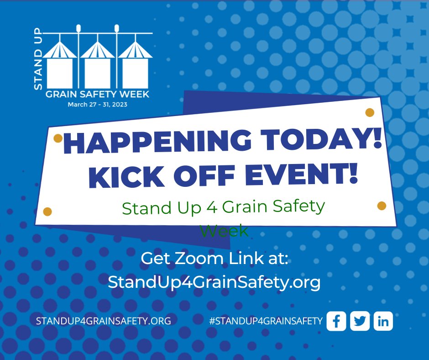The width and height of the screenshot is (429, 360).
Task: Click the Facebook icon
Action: point(336,321)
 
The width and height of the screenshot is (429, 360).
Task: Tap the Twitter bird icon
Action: point(360,321)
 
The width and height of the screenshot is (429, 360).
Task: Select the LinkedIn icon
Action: point(383,321)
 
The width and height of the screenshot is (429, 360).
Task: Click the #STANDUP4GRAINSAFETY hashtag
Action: point(266,321)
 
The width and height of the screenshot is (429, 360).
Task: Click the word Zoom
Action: point(201,258)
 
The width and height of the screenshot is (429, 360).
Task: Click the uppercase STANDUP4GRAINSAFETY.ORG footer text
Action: point(103,321)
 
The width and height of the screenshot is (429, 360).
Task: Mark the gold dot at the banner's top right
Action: point(370,112)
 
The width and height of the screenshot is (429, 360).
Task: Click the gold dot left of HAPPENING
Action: point(58,138)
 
